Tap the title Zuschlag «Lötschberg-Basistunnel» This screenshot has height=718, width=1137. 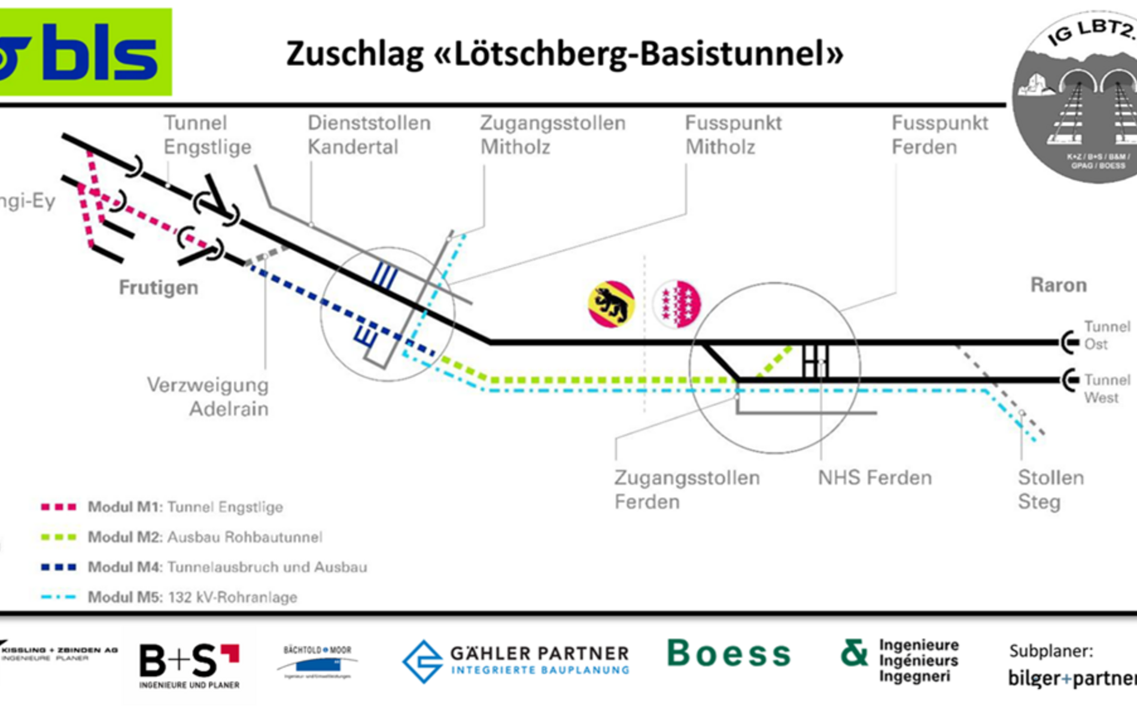point(564,54)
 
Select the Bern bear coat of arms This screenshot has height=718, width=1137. point(610,304)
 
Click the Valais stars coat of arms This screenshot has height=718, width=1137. point(677,304)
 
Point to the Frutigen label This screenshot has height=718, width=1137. point(158,288)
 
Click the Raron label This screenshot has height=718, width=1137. point(1058,285)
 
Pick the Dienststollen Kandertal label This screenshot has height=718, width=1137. point(369,135)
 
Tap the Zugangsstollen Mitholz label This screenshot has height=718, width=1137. point(552,135)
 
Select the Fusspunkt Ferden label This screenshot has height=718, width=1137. point(940,135)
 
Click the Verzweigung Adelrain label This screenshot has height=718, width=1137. point(208,397)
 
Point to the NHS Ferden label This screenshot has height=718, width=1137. point(875,478)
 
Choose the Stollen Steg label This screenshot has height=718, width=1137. point(1050,489)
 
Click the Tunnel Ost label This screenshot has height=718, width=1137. point(1106,336)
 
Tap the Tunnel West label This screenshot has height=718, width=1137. point(1106,389)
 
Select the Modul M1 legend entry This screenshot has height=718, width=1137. point(162,507)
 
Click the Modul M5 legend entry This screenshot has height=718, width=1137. point(169,597)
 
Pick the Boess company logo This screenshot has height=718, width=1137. point(728,653)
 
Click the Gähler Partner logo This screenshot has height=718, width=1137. point(516,661)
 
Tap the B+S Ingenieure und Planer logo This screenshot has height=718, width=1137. point(189,665)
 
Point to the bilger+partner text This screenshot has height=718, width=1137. point(1071,678)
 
